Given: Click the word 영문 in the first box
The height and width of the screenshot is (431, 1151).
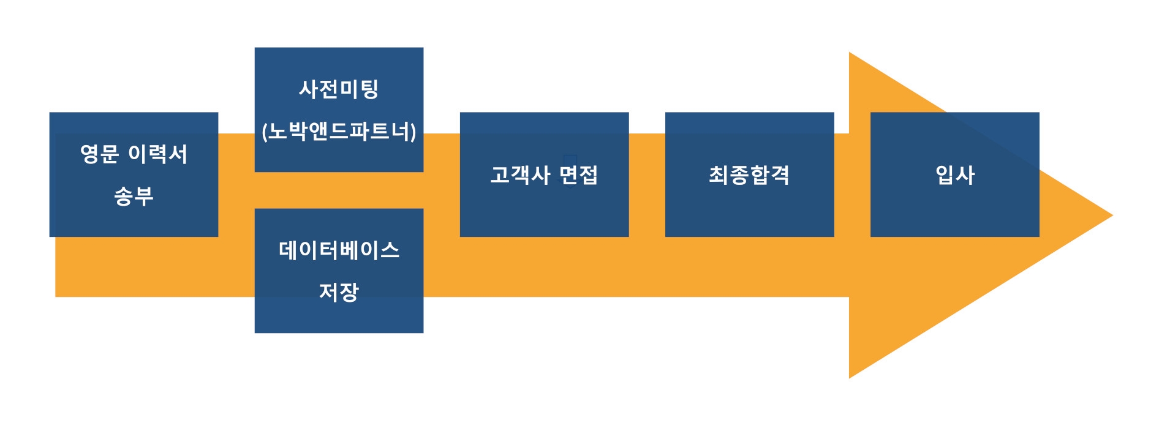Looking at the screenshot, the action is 99,154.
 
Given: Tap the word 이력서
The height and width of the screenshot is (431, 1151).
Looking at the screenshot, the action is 158,154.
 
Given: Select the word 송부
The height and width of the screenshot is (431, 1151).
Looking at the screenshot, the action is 134,196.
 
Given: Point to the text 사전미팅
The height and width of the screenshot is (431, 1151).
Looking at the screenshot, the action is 339,89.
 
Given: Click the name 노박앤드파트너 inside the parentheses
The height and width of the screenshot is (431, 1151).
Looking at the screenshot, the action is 339,131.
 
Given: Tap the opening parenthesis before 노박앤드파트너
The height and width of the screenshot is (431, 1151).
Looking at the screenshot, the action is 265,132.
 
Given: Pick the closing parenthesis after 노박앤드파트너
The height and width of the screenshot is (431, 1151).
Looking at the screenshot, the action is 413,132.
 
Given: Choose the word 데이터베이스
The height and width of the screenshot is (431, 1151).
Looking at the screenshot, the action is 339,250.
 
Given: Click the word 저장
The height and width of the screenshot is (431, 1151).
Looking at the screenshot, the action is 339,291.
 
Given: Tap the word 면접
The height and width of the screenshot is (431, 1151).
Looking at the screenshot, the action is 579,175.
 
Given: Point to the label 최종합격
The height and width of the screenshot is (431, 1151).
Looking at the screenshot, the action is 749,175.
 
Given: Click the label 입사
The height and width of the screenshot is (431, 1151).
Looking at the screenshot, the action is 955,175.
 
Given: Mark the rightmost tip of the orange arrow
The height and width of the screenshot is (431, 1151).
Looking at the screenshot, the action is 1112,215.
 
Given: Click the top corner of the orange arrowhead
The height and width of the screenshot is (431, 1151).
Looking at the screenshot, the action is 850,53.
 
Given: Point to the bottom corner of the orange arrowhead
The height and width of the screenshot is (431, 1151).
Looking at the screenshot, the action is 850,377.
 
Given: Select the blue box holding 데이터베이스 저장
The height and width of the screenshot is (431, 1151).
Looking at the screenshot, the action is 339,271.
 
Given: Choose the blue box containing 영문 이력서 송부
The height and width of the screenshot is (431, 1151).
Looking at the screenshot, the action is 134,174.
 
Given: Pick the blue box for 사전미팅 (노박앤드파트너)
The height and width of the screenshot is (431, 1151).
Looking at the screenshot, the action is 339,110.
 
